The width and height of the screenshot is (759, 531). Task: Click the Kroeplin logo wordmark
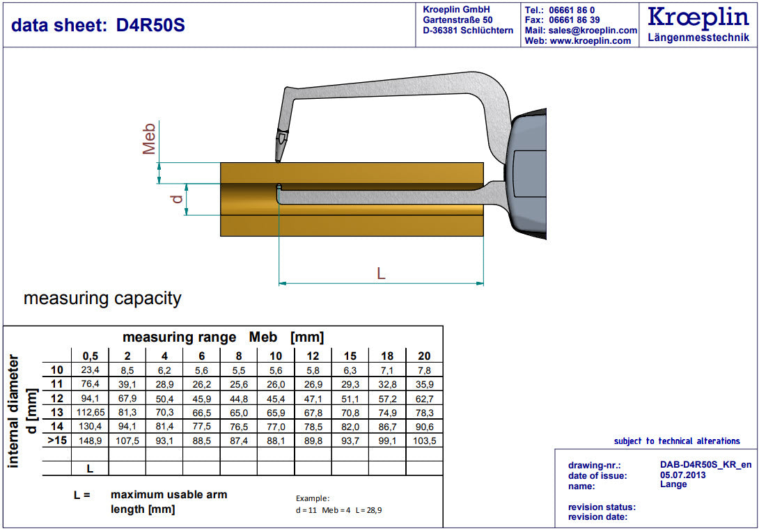pos(698,18)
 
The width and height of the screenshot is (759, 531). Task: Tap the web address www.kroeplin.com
pos(590,41)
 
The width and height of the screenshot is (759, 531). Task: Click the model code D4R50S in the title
pos(150,25)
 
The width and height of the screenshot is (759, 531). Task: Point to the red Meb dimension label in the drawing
pos(148,138)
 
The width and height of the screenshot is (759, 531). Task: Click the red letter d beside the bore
pos(177,198)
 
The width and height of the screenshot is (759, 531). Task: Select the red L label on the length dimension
pos(381,274)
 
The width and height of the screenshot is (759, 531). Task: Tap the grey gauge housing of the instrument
pos(528,174)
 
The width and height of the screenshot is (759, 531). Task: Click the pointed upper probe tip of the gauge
pos(278,160)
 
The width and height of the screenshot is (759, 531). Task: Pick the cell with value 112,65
pos(90,413)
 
